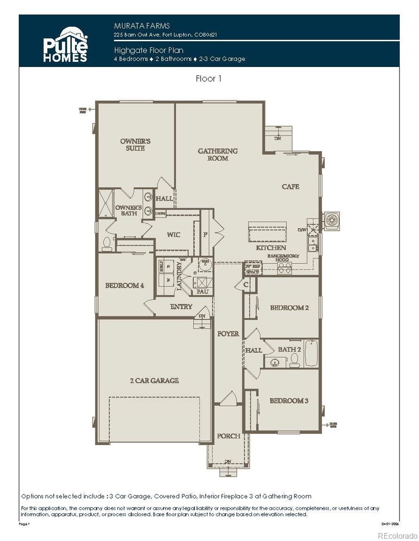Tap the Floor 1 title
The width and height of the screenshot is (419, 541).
(208, 78)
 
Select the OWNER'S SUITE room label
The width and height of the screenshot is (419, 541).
(135, 145)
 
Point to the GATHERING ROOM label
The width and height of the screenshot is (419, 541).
(217, 154)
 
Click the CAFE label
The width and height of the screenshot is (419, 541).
(290, 186)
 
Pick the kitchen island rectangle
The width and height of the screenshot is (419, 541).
(268, 230)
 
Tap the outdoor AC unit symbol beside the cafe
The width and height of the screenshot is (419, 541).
(332, 220)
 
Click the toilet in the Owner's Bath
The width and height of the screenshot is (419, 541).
(107, 242)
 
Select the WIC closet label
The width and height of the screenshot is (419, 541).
(173, 234)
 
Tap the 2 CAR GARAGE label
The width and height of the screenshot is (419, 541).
(154, 380)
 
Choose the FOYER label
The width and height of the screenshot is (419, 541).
(228, 333)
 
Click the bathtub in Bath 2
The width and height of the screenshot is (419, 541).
(311, 353)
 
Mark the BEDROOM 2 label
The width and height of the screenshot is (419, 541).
(289, 308)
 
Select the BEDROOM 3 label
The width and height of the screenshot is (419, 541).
(289, 401)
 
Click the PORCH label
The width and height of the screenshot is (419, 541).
(228, 436)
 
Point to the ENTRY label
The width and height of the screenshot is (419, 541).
(181, 307)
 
